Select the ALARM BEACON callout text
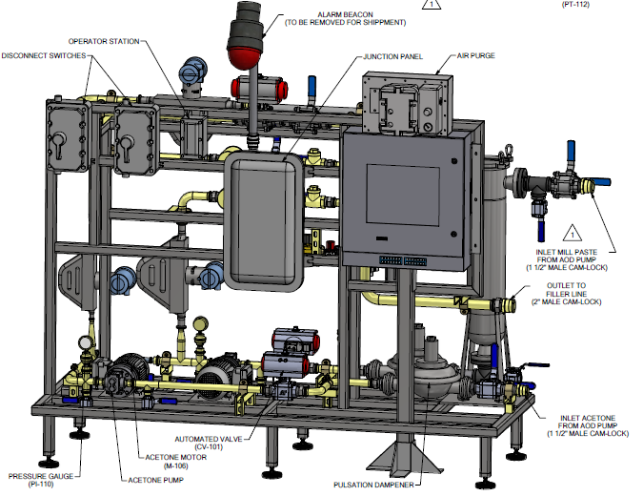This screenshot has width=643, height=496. tap(345, 18)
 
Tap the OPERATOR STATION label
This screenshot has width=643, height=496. tap(104, 41)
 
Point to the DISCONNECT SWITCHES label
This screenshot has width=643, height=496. tap(44, 55)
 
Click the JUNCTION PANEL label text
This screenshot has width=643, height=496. tap(392, 56)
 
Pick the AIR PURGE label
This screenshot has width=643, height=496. tap(475, 55)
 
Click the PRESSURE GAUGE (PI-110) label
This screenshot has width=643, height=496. tap(41, 480)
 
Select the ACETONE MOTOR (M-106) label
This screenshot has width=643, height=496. tap(176, 462)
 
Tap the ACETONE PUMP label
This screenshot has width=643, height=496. tap(156, 480)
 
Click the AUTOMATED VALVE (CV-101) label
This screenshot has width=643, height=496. tap(209, 443)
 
